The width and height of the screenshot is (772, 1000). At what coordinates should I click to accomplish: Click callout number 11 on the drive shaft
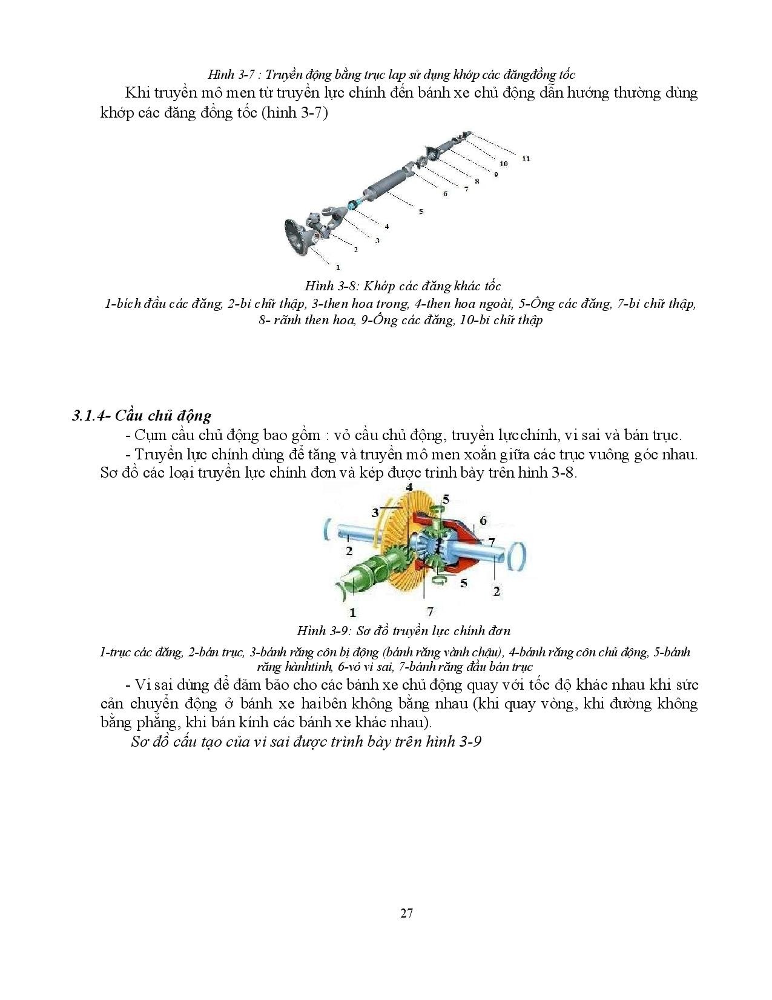point(525,159)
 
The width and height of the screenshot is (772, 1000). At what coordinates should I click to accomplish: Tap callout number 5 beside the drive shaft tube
point(420,211)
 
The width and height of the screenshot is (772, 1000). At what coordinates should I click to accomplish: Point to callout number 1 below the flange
point(337,266)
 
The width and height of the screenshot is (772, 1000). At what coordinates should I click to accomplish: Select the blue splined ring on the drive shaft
point(351,206)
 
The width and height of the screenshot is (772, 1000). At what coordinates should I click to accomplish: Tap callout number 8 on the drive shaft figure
point(477,181)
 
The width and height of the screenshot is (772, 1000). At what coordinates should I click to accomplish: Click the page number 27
point(406,913)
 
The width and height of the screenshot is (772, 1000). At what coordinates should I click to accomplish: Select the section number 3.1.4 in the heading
point(89,416)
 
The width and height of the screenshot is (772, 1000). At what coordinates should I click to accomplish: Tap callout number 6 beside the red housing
point(483,520)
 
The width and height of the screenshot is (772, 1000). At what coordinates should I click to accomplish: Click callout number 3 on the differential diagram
point(375,513)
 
